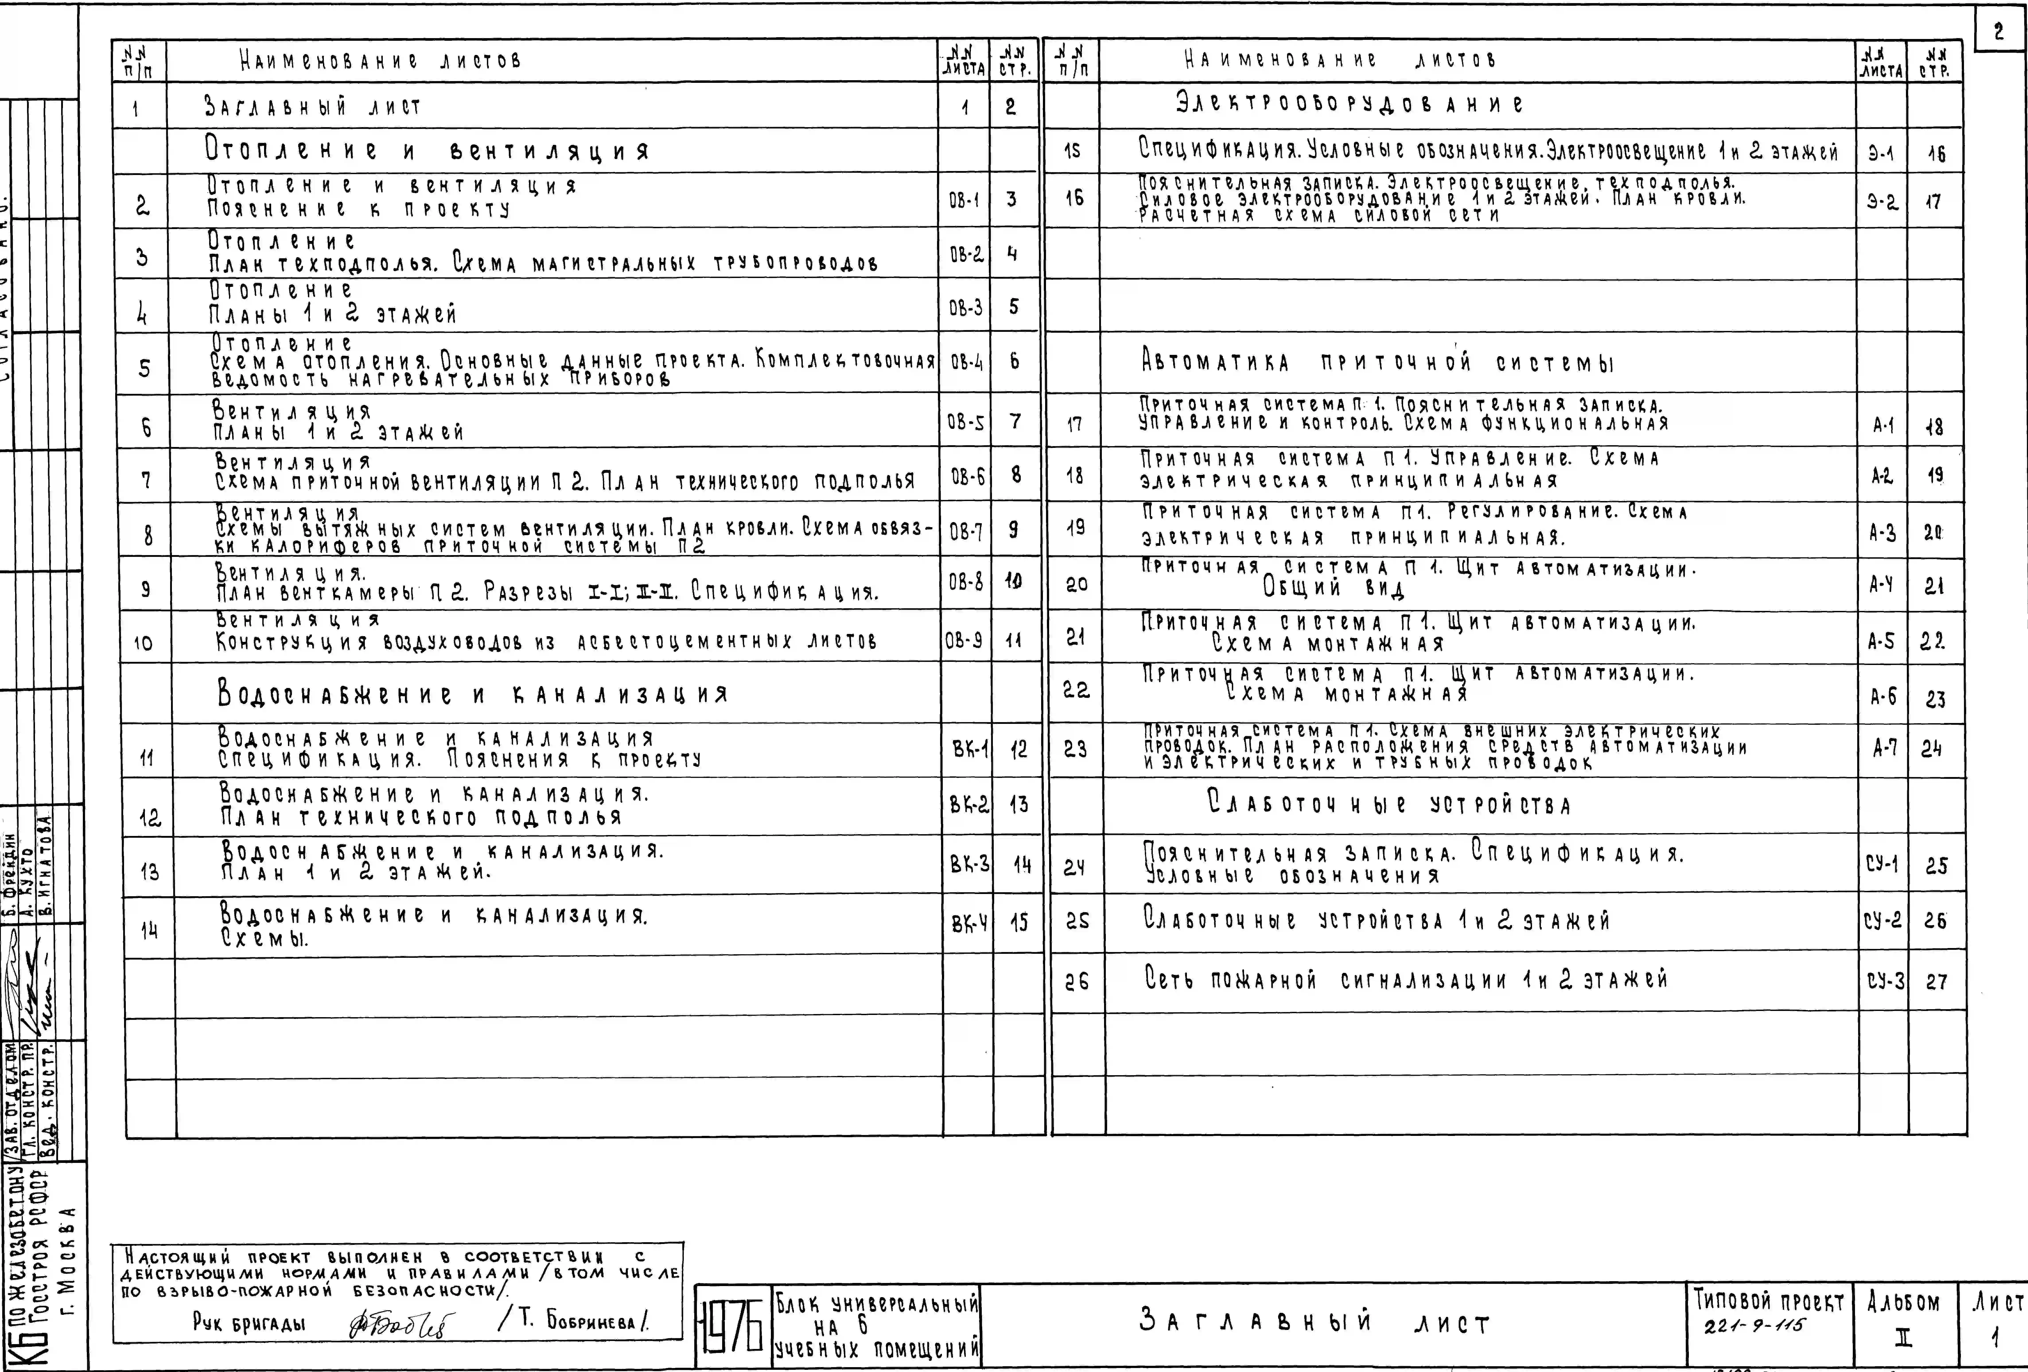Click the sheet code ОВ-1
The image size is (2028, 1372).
click(x=964, y=200)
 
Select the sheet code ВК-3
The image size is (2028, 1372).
click(x=970, y=865)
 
